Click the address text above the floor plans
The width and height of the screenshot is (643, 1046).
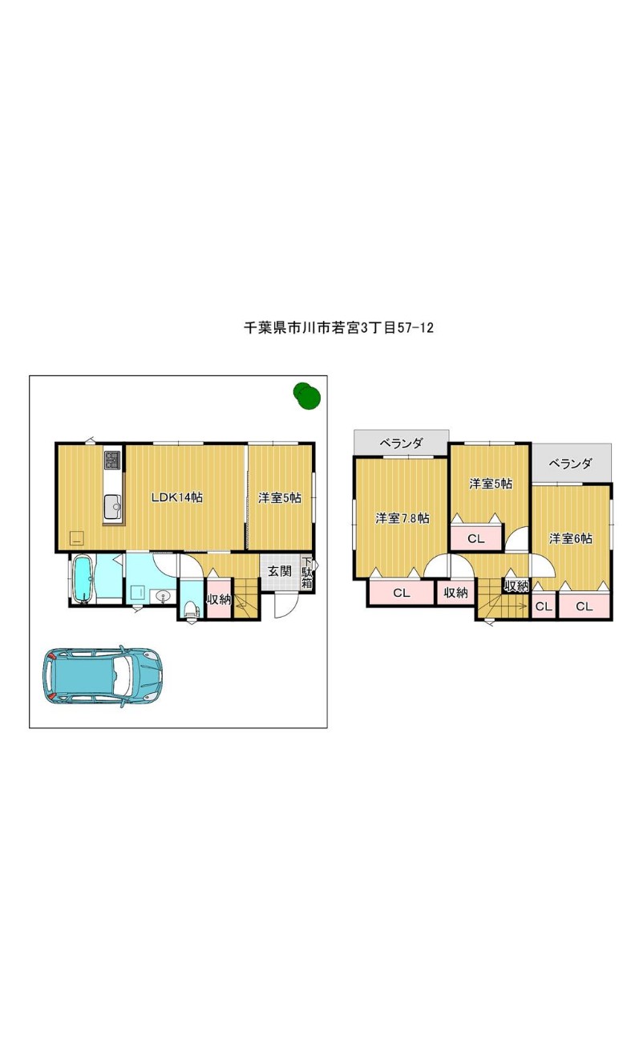[338, 327]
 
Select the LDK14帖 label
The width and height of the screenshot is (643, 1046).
[177, 497]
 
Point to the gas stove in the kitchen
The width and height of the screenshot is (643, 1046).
[112, 460]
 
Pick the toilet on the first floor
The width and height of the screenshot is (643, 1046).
[190, 608]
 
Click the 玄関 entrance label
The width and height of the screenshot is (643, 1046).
[280, 570]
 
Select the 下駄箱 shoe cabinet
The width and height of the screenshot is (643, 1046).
[307, 573]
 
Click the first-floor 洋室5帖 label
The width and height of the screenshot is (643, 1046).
[280, 498]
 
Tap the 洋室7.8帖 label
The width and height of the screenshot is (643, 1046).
[402, 518]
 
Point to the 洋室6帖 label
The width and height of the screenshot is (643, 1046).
[571, 538]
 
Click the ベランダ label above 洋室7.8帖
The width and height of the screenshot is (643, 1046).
[402, 443]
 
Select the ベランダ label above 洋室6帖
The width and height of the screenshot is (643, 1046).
[571, 463]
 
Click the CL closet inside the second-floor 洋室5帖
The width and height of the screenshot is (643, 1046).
[476, 538]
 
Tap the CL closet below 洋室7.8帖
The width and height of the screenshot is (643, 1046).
[402, 593]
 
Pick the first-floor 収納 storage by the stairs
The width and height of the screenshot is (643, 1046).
[219, 598]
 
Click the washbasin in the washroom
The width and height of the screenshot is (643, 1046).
[163, 596]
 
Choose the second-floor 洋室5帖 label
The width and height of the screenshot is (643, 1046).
[491, 484]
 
